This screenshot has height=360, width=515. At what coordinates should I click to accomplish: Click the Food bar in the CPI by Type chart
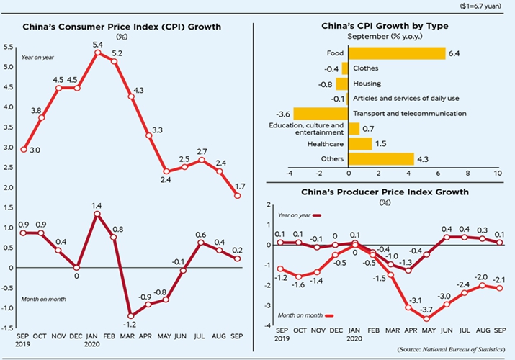(396, 53)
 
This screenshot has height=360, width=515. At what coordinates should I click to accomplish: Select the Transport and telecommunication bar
(321, 113)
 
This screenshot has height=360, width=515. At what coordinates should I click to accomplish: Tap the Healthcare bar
(359, 143)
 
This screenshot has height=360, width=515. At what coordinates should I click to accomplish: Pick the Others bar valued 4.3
(380, 158)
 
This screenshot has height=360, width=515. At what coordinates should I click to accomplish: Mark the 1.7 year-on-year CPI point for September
(238, 195)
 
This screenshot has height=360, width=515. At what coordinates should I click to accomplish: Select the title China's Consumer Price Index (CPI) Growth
(122, 27)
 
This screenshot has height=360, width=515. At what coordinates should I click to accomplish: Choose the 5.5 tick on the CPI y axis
(9, 47)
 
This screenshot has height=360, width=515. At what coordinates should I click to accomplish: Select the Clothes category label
(367, 68)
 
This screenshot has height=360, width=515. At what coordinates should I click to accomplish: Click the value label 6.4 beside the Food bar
(454, 53)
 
